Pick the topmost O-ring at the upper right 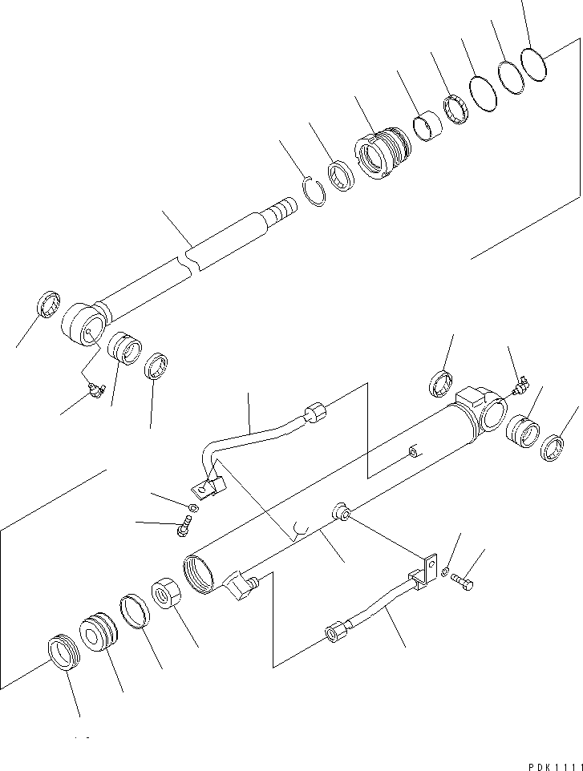533,63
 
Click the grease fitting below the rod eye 95,390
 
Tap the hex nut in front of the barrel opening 169,595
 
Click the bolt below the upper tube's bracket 183,526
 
